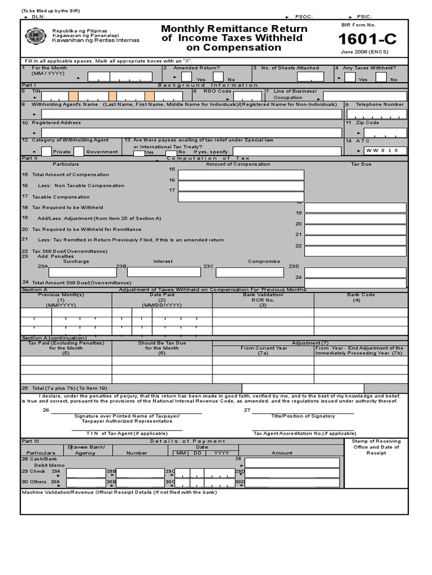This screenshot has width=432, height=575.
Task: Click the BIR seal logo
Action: point(36,36)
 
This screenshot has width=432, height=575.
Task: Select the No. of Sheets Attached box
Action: point(310,77)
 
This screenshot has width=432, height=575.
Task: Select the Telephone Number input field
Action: point(376,114)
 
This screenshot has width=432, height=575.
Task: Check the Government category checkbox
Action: point(79,152)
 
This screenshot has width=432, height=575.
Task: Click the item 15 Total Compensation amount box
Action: point(241,175)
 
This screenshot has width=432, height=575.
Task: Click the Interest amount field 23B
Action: point(164,272)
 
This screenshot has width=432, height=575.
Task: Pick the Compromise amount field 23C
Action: point(249,272)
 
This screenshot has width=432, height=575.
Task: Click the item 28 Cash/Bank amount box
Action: point(292,462)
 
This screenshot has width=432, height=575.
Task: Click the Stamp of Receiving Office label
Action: point(376,447)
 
